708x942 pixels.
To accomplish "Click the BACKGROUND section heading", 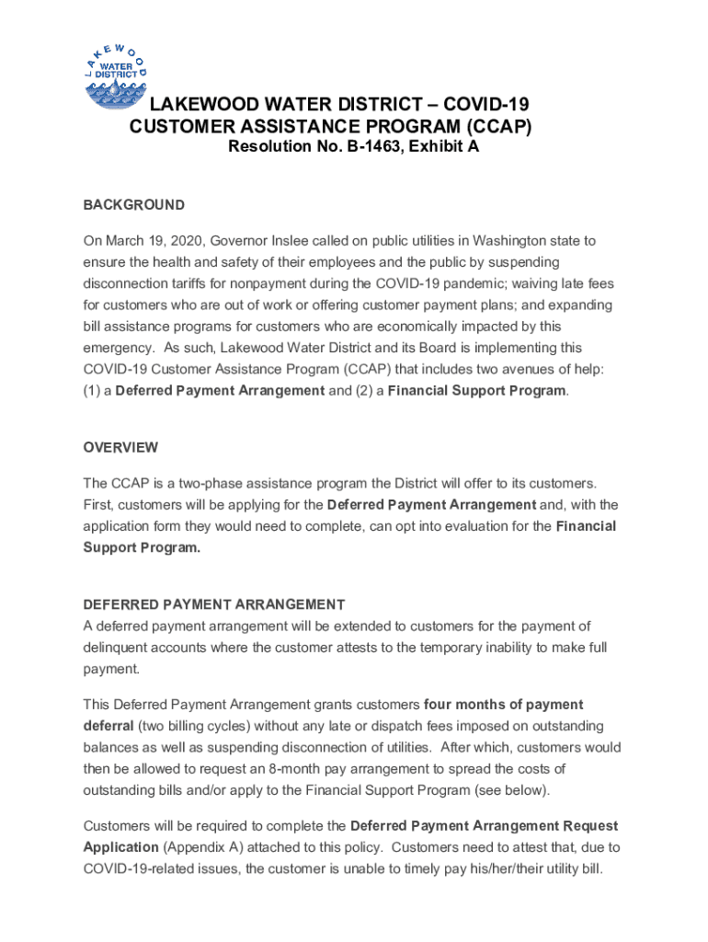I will click(x=133, y=205).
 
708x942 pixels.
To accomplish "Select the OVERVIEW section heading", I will click(x=120, y=447).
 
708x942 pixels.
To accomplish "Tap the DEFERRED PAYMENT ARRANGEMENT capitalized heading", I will click(x=213, y=604).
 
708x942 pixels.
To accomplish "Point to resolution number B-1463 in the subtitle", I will click(x=377, y=146).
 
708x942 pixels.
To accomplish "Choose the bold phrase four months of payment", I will click(x=503, y=705).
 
